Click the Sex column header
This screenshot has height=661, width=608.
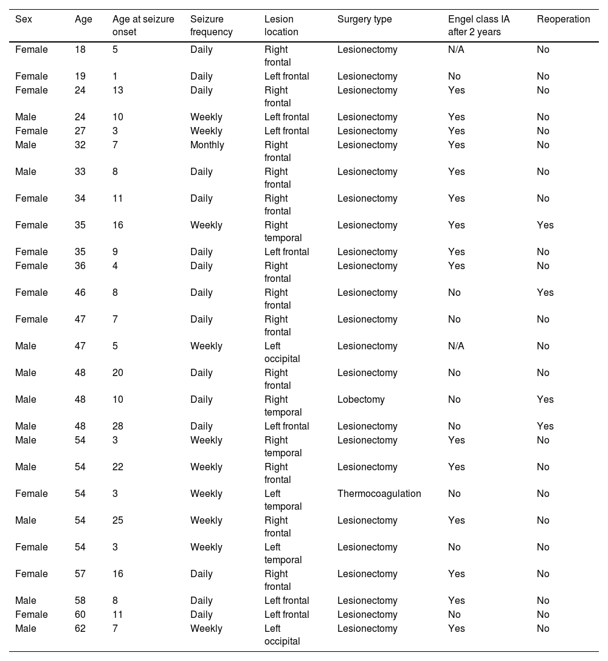pyautogui.click(x=24, y=19)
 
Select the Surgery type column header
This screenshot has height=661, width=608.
pyautogui.click(x=364, y=19)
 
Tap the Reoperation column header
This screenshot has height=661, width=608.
pyautogui.click(x=563, y=19)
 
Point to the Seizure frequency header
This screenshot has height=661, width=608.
pyautogui.click(x=211, y=26)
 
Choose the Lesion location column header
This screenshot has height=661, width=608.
pyautogui.click(x=281, y=26)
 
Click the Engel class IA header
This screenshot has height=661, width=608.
pyautogui.click(x=478, y=26)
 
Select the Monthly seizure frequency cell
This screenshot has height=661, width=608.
pyautogui.click(x=207, y=145)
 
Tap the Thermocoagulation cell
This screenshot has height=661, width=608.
pyautogui.click(x=379, y=494)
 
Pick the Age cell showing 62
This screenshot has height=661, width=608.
pyautogui.click(x=80, y=629)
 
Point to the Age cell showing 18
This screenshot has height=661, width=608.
pyautogui.click(x=80, y=50)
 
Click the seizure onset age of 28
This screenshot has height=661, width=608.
pyautogui.click(x=118, y=426)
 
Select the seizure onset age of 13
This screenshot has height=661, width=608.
pyautogui.click(x=118, y=91)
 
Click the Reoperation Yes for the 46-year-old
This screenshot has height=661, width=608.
pyautogui.click(x=545, y=293)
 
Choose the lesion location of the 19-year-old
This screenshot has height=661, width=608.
pyautogui.click(x=286, y=77)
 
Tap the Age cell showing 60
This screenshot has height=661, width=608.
pyautogui.click(x=80, y=615)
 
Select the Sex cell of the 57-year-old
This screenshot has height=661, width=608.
pyautogui.click(x=31, y=574)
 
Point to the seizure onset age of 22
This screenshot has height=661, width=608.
pyautogui.click(x=118, y=467)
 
